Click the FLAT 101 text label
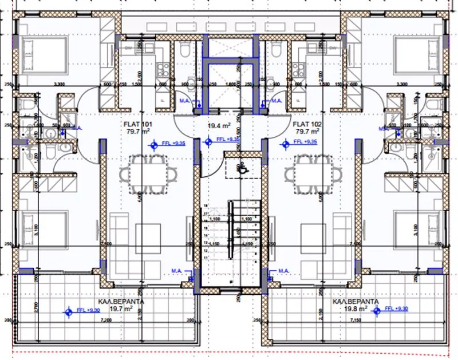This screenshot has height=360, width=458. [137, 124]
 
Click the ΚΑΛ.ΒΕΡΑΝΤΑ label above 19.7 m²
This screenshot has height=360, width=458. [121, 300]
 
